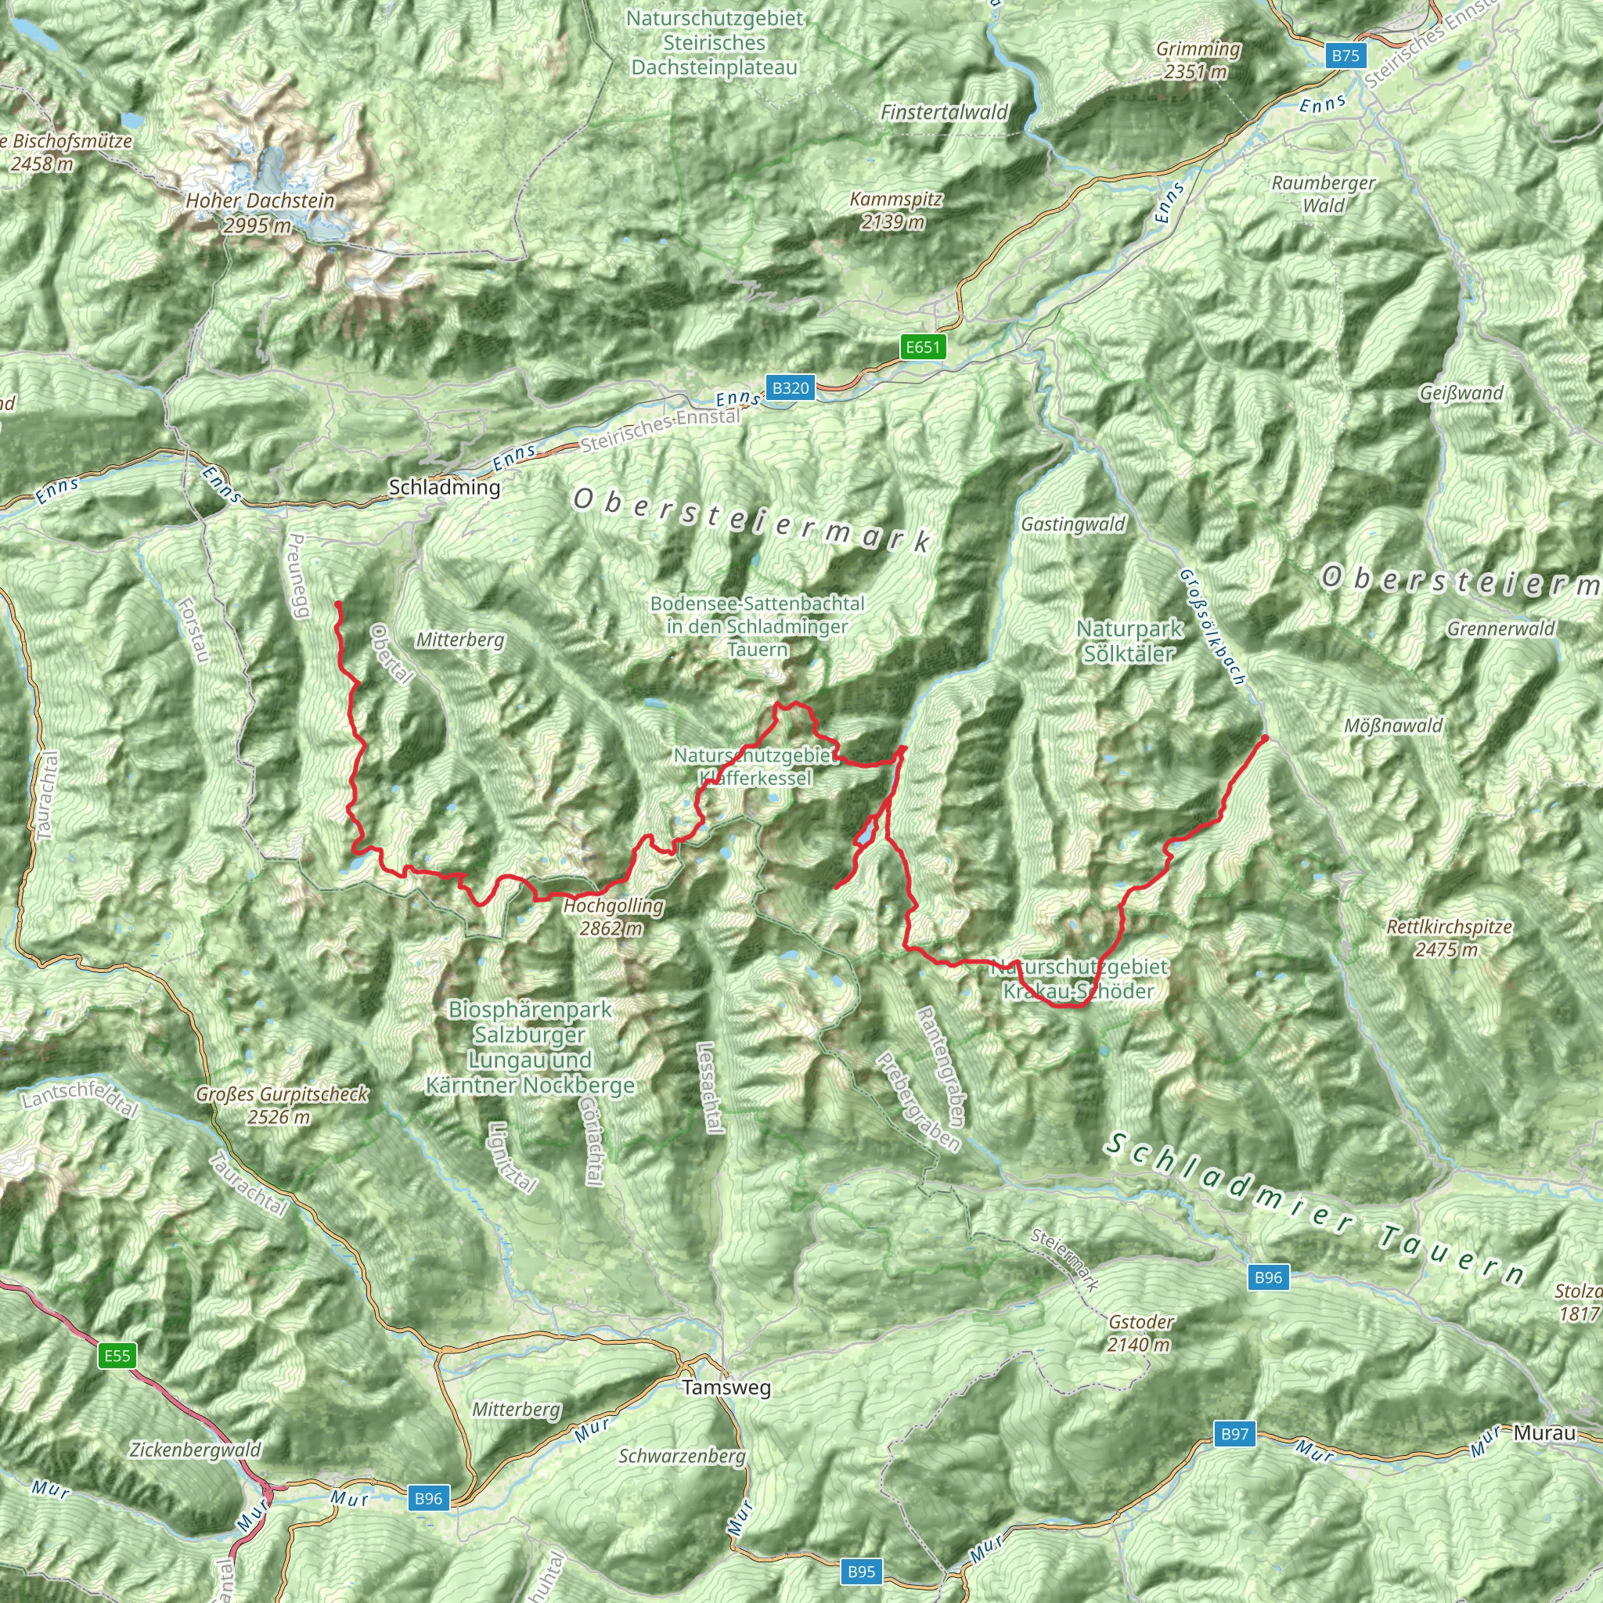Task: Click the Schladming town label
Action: [444, 487]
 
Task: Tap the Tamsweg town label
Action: [726, 1387]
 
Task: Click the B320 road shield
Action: [790, 387]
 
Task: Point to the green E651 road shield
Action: [923, 347]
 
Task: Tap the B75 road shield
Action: [1345, 56]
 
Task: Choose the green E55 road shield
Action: [117, 1356]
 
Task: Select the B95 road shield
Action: [861, 1572]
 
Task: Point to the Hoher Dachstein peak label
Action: [260, 212]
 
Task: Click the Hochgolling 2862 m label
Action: [613, 916]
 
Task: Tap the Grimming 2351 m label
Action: [1198, 60]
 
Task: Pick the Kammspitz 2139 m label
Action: [895, 211]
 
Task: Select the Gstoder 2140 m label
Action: [1140, 1332]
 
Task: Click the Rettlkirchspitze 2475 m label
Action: [1449, 938]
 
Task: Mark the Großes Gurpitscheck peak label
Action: [281, 1105]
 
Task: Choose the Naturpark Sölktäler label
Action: [1129, 641]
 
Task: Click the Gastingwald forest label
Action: [1073, 524]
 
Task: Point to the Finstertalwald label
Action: [943, 112]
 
